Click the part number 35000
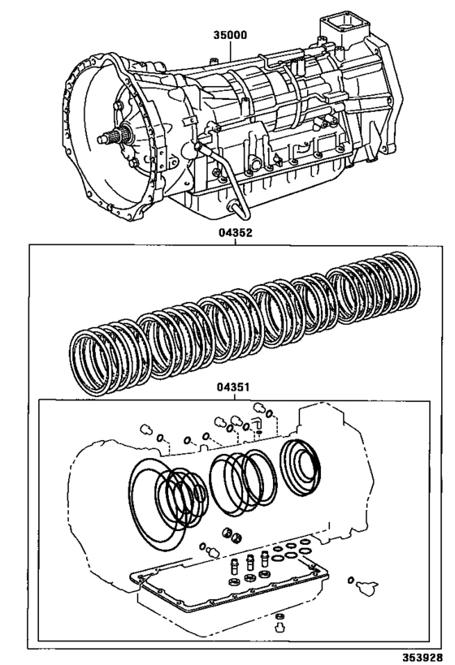230,36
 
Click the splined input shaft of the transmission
109,138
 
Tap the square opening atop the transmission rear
339,24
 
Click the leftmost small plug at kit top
145,430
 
